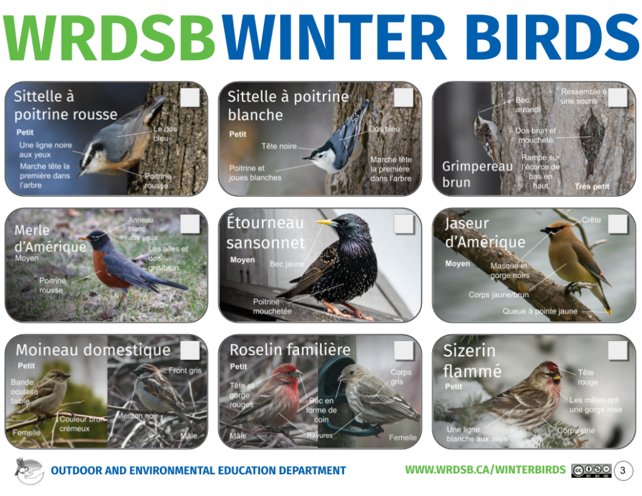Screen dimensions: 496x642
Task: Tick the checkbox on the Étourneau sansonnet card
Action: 404,224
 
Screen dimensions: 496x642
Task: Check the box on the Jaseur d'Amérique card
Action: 618,224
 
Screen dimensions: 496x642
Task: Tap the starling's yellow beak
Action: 327,222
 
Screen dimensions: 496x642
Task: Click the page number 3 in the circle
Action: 623,470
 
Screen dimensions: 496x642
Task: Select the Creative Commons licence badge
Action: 591,470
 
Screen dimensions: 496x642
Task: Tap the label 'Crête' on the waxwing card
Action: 591,220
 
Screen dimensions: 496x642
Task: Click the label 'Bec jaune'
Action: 287,264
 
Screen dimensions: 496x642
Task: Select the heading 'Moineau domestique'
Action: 93,350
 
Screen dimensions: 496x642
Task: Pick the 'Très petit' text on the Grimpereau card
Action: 592,186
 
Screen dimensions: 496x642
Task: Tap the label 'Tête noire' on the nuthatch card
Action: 279,146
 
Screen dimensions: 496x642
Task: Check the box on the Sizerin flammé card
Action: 618,350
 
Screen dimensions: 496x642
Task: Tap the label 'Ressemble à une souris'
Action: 584,96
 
